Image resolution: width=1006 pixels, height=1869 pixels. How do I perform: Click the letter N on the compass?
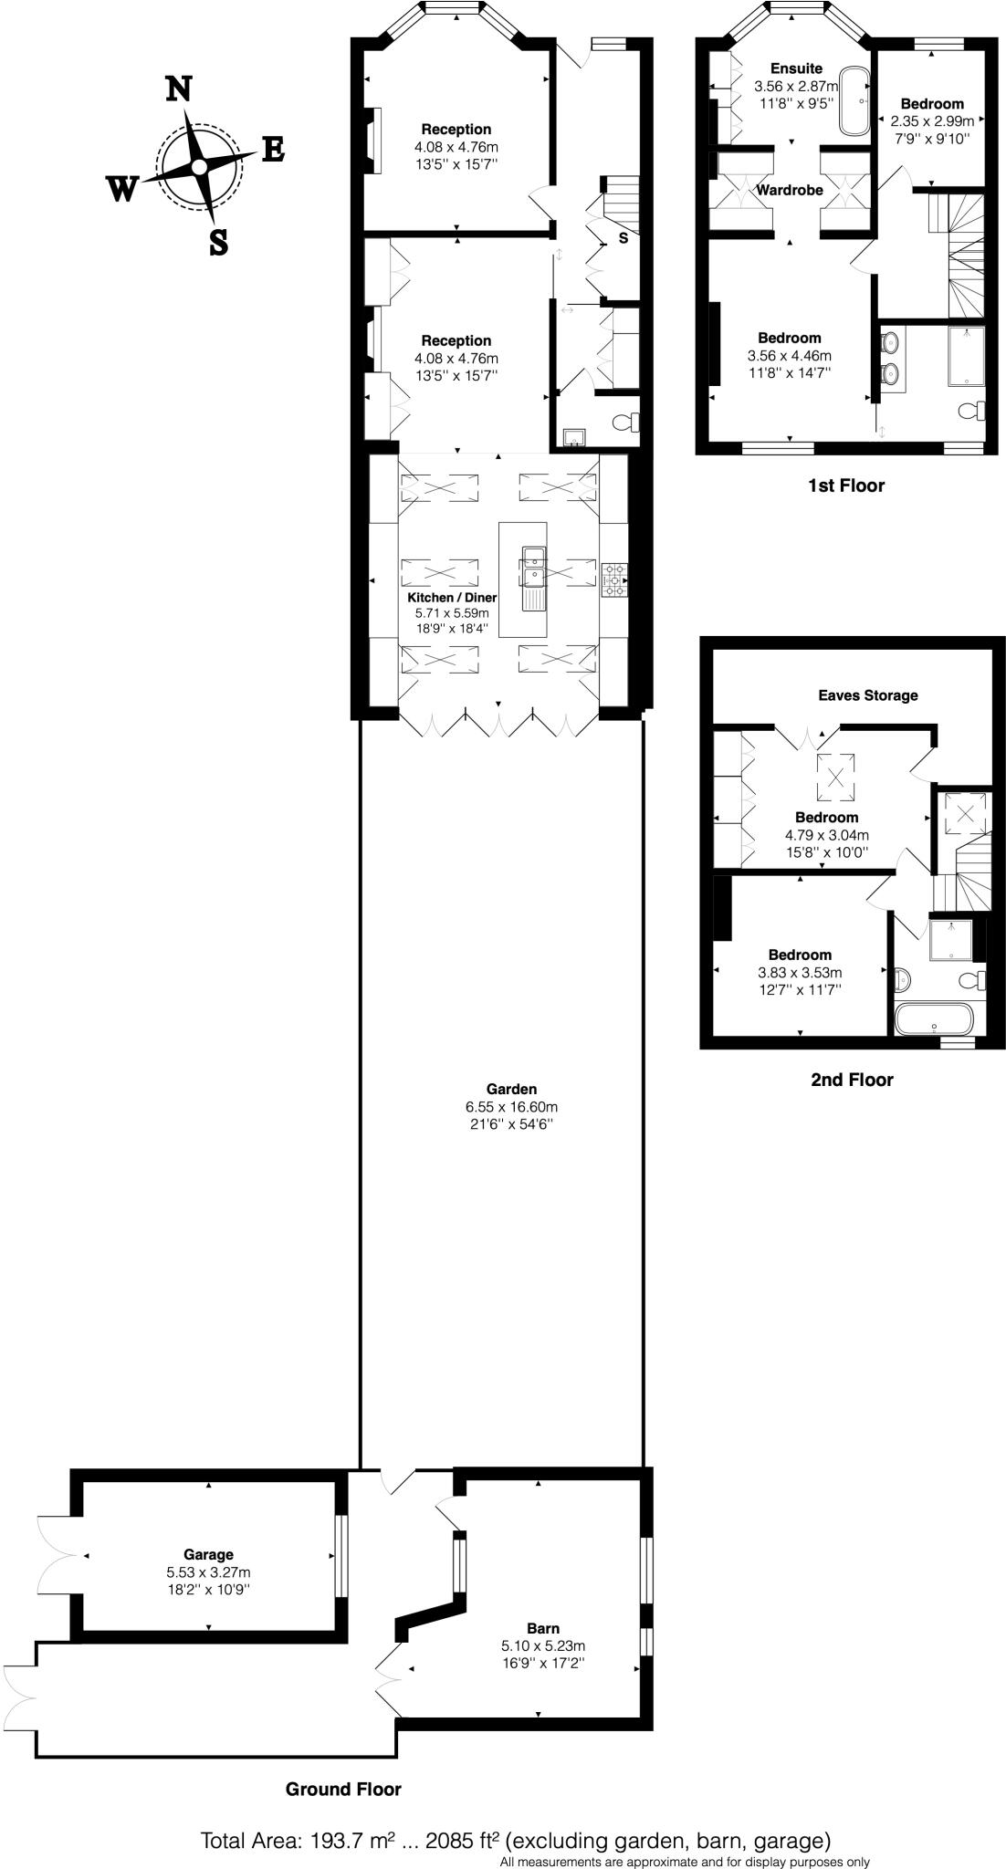click(178, 89)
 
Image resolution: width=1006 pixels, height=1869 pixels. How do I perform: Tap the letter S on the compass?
click(218, 243)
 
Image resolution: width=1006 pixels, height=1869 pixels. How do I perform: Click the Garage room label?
click(208, 1554)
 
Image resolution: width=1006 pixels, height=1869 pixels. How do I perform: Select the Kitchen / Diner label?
click(452, 597)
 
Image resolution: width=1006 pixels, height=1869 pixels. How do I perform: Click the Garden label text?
click(511, 1089)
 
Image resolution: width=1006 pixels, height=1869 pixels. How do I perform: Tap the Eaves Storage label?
click(867, 695)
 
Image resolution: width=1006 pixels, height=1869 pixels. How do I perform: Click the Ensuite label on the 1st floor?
click(796, 68)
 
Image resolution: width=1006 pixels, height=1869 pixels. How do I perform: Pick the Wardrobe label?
click(790, 190)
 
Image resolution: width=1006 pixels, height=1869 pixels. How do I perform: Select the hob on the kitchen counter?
click(614, 579)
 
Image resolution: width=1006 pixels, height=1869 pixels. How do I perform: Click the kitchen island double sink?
click(533, 566)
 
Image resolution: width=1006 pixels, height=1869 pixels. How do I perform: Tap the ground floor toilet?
click(626, 423)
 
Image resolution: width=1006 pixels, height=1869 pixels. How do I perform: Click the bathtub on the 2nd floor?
click(936, 1018)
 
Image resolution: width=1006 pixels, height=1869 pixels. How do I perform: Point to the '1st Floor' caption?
click(846, 486)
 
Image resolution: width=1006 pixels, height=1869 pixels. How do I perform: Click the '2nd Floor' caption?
click(852, 1080)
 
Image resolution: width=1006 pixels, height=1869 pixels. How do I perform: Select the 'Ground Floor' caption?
click(343, 1789)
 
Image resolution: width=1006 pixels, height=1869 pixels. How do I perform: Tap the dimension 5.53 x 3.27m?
click(208, 1572)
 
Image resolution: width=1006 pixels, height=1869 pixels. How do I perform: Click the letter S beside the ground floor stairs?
click(624, 239)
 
